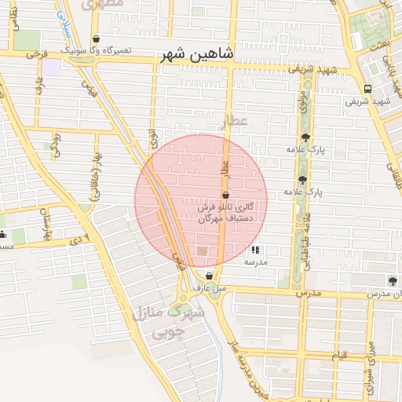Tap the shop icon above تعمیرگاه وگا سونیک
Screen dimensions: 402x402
96,38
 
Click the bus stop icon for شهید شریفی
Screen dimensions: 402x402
367,89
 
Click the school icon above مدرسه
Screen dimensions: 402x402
255,250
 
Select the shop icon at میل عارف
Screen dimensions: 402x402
209,276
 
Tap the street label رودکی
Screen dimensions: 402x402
56,145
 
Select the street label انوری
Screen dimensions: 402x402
153,140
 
